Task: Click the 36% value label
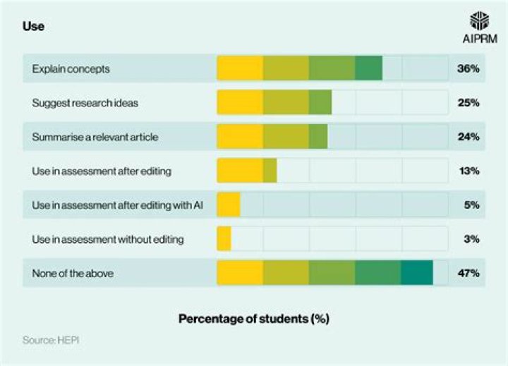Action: [468, 69]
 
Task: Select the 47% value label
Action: [468, 274]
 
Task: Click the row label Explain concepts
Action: [71, 69]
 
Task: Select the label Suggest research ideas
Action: [85, 103]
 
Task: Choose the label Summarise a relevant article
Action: [95, 137]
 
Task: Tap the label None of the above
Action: [73, 274]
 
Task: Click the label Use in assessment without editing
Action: [108, 240]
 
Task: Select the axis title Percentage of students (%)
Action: [253, 319]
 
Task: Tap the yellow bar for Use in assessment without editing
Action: [224, 240]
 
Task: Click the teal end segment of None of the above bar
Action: [416, 274]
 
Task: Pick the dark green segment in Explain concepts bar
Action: [368, 69]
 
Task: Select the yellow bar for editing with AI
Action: [229, 205]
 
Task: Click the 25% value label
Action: [468, 103]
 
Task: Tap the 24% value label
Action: [468, 137]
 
